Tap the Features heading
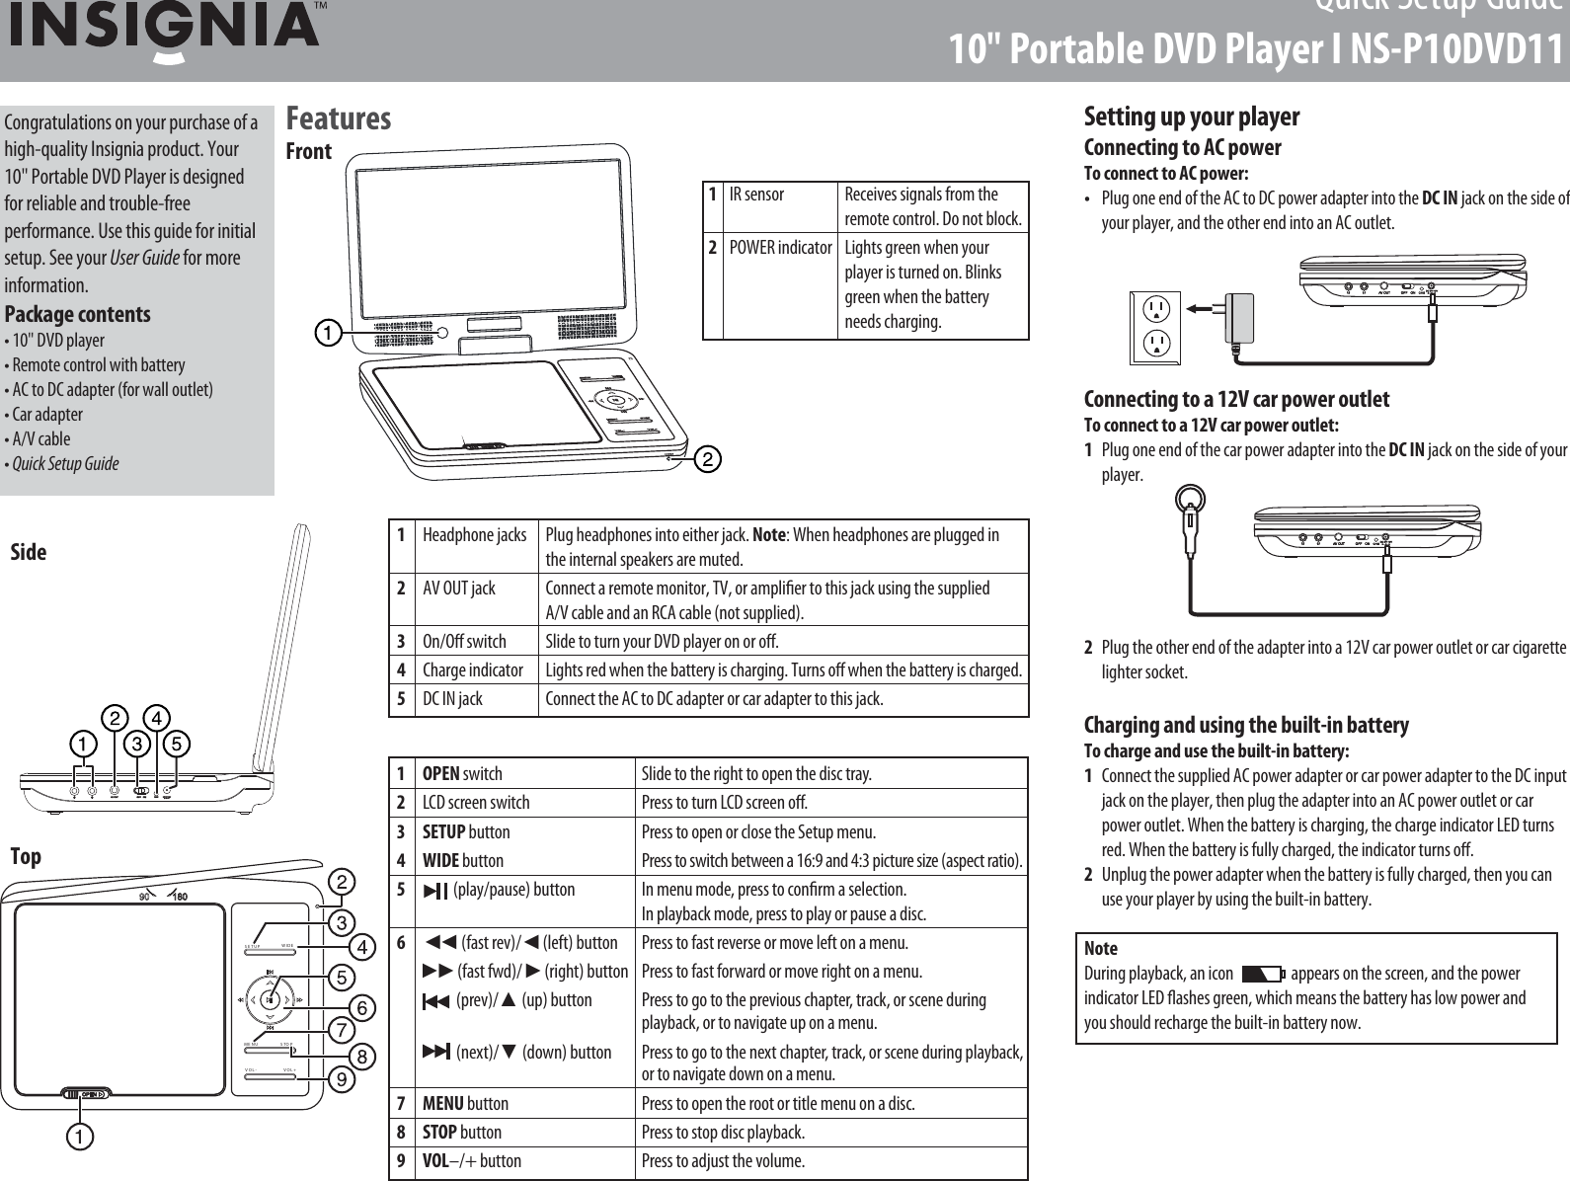click(338, 118)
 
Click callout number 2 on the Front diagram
click(708, 459)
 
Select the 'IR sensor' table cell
click(756, 194)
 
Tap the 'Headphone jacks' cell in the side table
click(474, 535)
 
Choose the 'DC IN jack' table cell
click(452, 699)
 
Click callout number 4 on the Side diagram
click(155, 714)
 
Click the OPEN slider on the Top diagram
click(87, 1093)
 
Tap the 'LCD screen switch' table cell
click(476, 802)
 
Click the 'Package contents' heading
click(78, 314)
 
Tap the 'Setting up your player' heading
click(1191, 117)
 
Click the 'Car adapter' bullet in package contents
click(46, 414)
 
